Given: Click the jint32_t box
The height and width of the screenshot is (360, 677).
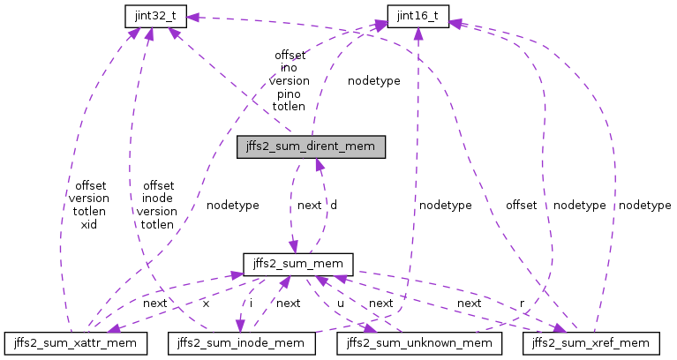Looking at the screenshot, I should pos(151,15).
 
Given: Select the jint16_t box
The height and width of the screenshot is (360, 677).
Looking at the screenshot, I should pos(418,15).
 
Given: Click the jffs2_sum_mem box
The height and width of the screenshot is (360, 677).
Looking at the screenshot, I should pos(298,264).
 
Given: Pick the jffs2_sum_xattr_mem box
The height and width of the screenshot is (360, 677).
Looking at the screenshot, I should pos(74,341).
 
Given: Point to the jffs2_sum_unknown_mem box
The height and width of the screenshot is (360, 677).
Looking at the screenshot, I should pos(417,341).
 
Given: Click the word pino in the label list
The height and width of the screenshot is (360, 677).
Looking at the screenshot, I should pos(289,93).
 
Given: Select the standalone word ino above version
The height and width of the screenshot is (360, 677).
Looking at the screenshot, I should pos(289,66).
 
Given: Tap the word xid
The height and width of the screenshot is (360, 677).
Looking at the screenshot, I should pos(88,225).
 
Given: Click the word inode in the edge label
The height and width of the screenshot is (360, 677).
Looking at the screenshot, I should pos(156,199).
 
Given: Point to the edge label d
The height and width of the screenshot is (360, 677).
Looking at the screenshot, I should pos(333,205).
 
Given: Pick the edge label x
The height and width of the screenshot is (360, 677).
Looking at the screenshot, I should pos(206,303).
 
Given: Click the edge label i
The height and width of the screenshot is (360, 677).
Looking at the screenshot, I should pos(250,303).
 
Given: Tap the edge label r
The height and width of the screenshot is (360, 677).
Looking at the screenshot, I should pos(521,303).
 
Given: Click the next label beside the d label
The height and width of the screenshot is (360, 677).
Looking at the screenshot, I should pos(309,205).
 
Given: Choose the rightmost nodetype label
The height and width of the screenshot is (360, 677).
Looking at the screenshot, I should pos(644,205).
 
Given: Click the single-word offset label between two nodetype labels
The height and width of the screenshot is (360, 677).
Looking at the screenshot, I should pos(521,205).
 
